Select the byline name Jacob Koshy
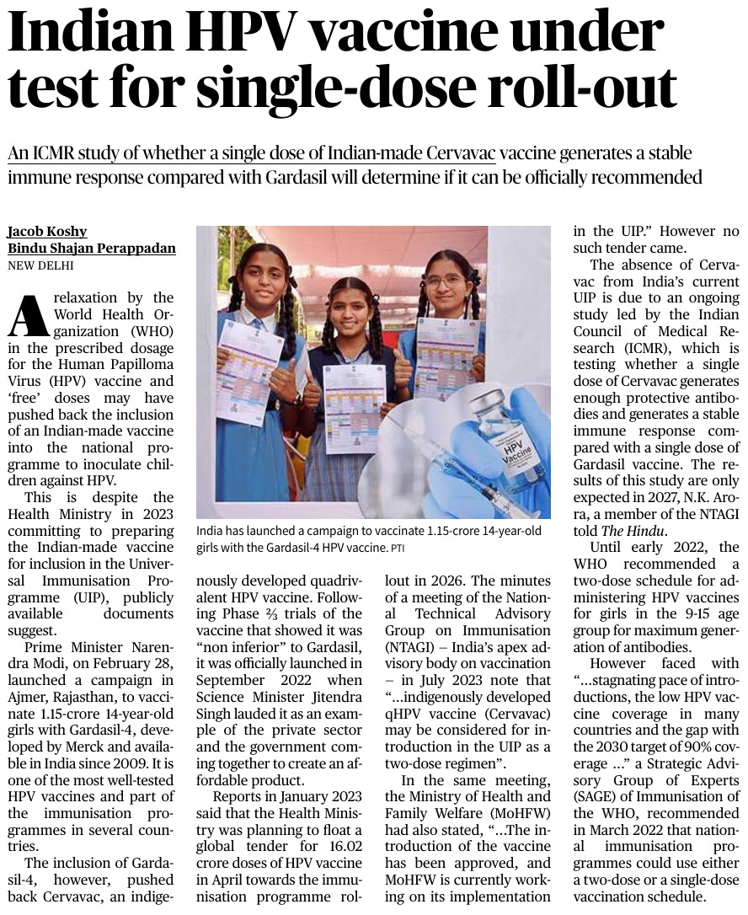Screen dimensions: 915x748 pos(47,232)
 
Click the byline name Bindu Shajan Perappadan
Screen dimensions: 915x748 pos(92,249)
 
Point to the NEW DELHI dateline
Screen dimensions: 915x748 pos(40,265)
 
